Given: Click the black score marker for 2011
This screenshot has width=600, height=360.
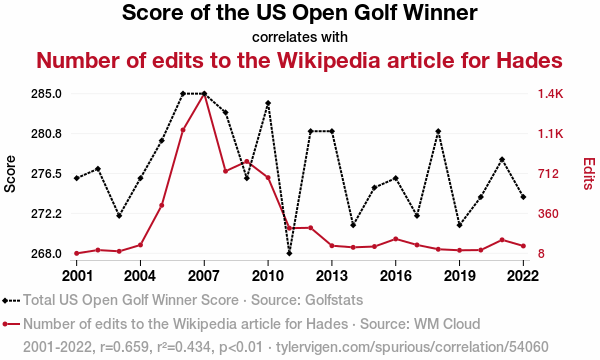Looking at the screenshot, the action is [289, 253].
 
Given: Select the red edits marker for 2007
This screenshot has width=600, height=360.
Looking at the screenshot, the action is [204, 94].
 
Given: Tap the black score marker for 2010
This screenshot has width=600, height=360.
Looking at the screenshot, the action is [268, 103].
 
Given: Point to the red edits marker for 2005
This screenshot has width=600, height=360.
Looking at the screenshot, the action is [162, 205].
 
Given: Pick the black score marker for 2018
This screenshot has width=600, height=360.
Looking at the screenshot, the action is [438, 131].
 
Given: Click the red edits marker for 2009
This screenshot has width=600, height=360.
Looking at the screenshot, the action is [247, 161].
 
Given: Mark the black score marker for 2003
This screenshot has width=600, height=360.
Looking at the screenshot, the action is [119, 216].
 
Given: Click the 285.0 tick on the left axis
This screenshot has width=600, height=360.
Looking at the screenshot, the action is [46, 94].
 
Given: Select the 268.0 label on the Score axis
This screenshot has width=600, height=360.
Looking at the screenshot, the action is [46, 254].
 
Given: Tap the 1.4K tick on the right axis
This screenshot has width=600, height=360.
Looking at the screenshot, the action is [550, 94].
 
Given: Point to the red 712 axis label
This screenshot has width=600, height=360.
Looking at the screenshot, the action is [548, 174].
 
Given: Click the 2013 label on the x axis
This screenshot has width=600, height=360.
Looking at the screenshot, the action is [332, 275].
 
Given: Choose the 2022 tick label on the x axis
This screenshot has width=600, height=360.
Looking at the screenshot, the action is [523, 275].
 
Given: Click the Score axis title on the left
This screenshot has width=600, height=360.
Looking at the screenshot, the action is [10, 174].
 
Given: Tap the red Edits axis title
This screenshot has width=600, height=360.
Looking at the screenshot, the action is [589, 174].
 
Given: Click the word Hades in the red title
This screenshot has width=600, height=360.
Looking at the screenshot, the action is [529, 60].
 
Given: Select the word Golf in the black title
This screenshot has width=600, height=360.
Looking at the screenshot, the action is [377, 13].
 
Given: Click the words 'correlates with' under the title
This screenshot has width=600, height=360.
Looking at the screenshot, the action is [300, 37].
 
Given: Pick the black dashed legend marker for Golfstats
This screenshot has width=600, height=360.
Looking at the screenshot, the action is [11, 301].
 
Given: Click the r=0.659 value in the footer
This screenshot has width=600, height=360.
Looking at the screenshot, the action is [124, 347].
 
